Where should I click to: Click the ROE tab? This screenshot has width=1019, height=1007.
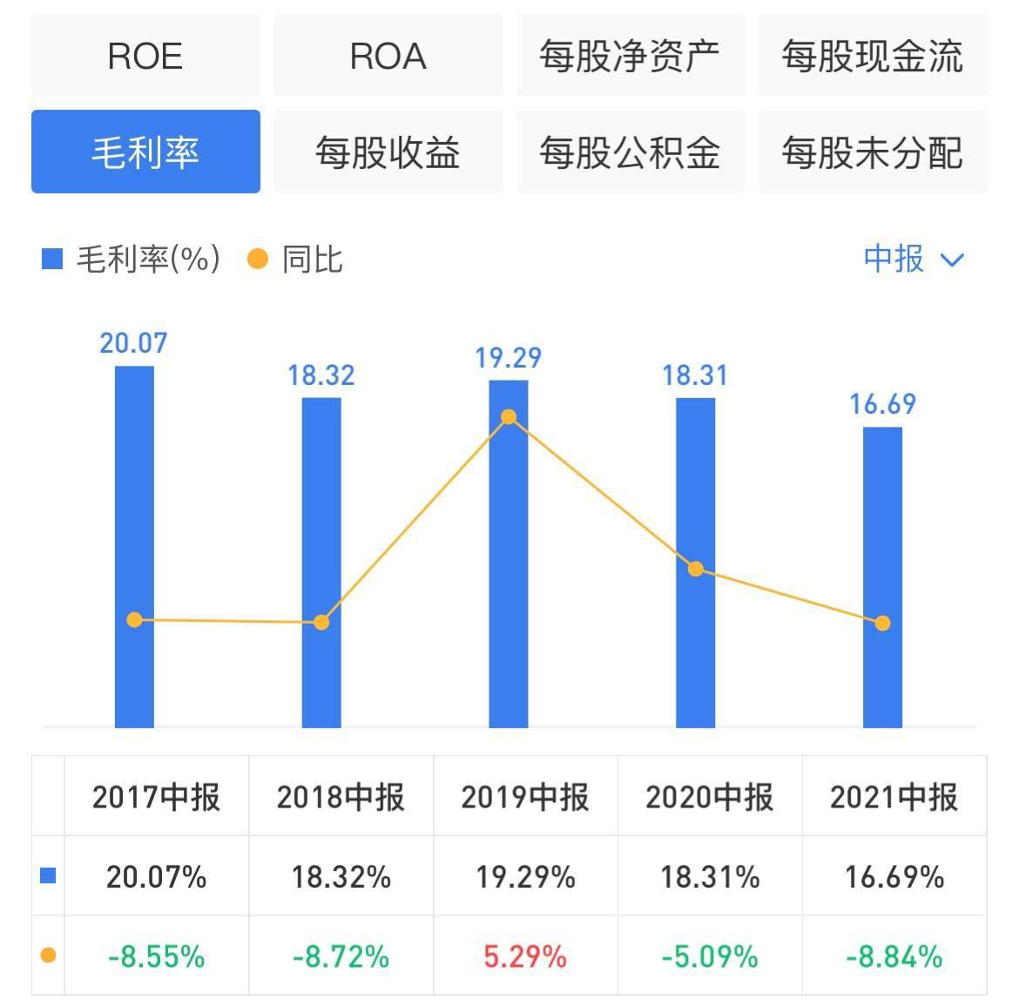(145, 57)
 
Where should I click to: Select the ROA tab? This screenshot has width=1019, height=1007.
(388, 57)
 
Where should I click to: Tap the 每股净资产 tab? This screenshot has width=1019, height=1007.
(630, 57)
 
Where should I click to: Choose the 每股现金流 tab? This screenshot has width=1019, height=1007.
(872, 57)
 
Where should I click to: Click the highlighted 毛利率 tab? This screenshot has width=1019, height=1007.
(145, 152)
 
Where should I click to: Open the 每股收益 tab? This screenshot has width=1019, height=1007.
(388, 152)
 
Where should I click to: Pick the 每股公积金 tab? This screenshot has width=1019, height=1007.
(630, 152)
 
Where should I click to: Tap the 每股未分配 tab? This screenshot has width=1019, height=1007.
(872, 152)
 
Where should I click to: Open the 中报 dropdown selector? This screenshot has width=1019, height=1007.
(914, 259)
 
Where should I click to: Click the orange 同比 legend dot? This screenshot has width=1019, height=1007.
(258, 259)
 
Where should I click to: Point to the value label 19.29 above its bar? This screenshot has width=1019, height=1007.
(508, 358)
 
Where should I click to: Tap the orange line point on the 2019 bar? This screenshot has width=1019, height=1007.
(509, 417)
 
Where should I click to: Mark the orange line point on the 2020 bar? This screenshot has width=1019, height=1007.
(696, 569)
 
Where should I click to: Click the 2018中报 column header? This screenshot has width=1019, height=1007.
(341, 797)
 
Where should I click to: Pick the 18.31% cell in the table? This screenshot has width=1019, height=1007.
(710, 876)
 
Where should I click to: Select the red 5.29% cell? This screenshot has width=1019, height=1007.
(525, 957)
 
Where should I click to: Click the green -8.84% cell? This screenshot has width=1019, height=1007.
(894, 957)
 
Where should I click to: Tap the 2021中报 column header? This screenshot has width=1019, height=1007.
(894, 797)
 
